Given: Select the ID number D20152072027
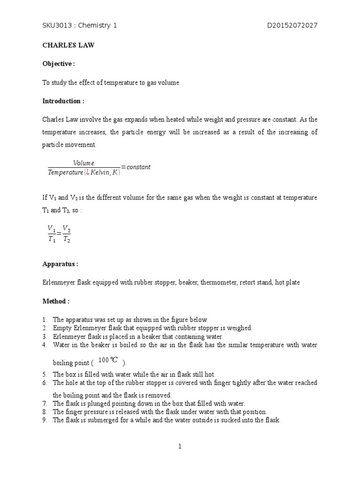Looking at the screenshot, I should point(292,25).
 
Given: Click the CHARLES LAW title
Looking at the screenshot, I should point(63,45).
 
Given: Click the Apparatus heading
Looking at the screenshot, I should point(60,264).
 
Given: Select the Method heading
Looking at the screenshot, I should point(56,301).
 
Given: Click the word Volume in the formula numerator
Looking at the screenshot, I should point(83,163).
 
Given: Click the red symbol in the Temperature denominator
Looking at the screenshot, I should point(87,172).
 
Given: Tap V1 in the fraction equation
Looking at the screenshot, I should point(52,228).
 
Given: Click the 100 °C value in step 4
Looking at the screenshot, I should point(108,360).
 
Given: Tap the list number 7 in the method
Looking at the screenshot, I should point(45,403).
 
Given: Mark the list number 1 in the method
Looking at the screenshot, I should point(45,320).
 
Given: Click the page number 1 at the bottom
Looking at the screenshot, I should point(180,447).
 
